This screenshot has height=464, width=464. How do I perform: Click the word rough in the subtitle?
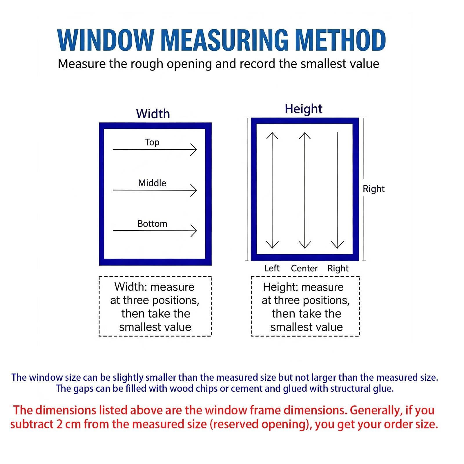tap(147, 64)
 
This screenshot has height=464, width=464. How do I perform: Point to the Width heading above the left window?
tap(153, 114)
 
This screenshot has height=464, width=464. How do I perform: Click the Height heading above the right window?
tap(303, 109)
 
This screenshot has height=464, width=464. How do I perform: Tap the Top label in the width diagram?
tap(152, 142)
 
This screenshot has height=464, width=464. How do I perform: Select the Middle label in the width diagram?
tap(152, 183)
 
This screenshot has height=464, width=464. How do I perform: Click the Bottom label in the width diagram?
tap(152, 224)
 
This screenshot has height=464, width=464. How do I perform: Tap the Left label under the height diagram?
tap(272, 268)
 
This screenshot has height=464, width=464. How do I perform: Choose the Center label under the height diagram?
tap(304, 268)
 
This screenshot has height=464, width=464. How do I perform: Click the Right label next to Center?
tap(338, 269)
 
